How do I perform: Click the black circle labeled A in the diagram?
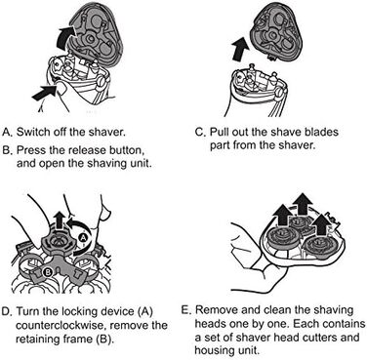(x=83, y=238)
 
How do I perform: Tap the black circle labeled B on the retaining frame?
(x=48, y=273)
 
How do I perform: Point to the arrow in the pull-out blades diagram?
(x=241, y=49)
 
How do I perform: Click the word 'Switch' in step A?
(x=31, y=133)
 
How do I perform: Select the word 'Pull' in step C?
(x=219, y=133)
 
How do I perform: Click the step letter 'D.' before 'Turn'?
(x=7, y=311)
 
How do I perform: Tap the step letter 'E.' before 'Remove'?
(x=185, y=310)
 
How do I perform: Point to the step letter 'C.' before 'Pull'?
(x=201, y=133)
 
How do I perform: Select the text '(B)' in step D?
(x=104, y=340)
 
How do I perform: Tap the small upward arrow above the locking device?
(x=60, y=220)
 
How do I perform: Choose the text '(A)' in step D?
(x=144, y=311)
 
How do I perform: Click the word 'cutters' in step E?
(x=326, y=337)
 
